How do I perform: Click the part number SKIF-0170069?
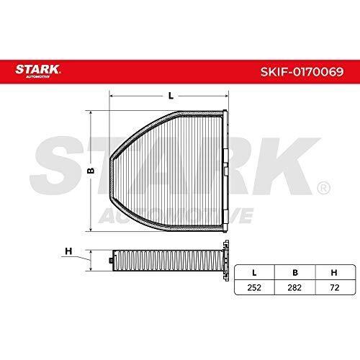tap(302, 71)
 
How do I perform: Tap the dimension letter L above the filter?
tap(171, 96)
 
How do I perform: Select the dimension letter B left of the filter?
tap(91, 171)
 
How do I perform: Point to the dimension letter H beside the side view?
tap(68, 251)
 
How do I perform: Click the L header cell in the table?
tap(254, 273)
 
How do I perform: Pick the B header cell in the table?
tap(295, 273)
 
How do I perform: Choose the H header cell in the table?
tap(334, 273)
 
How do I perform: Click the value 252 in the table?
tap(254, 287)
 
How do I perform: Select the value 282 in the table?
tap(294, 287)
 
